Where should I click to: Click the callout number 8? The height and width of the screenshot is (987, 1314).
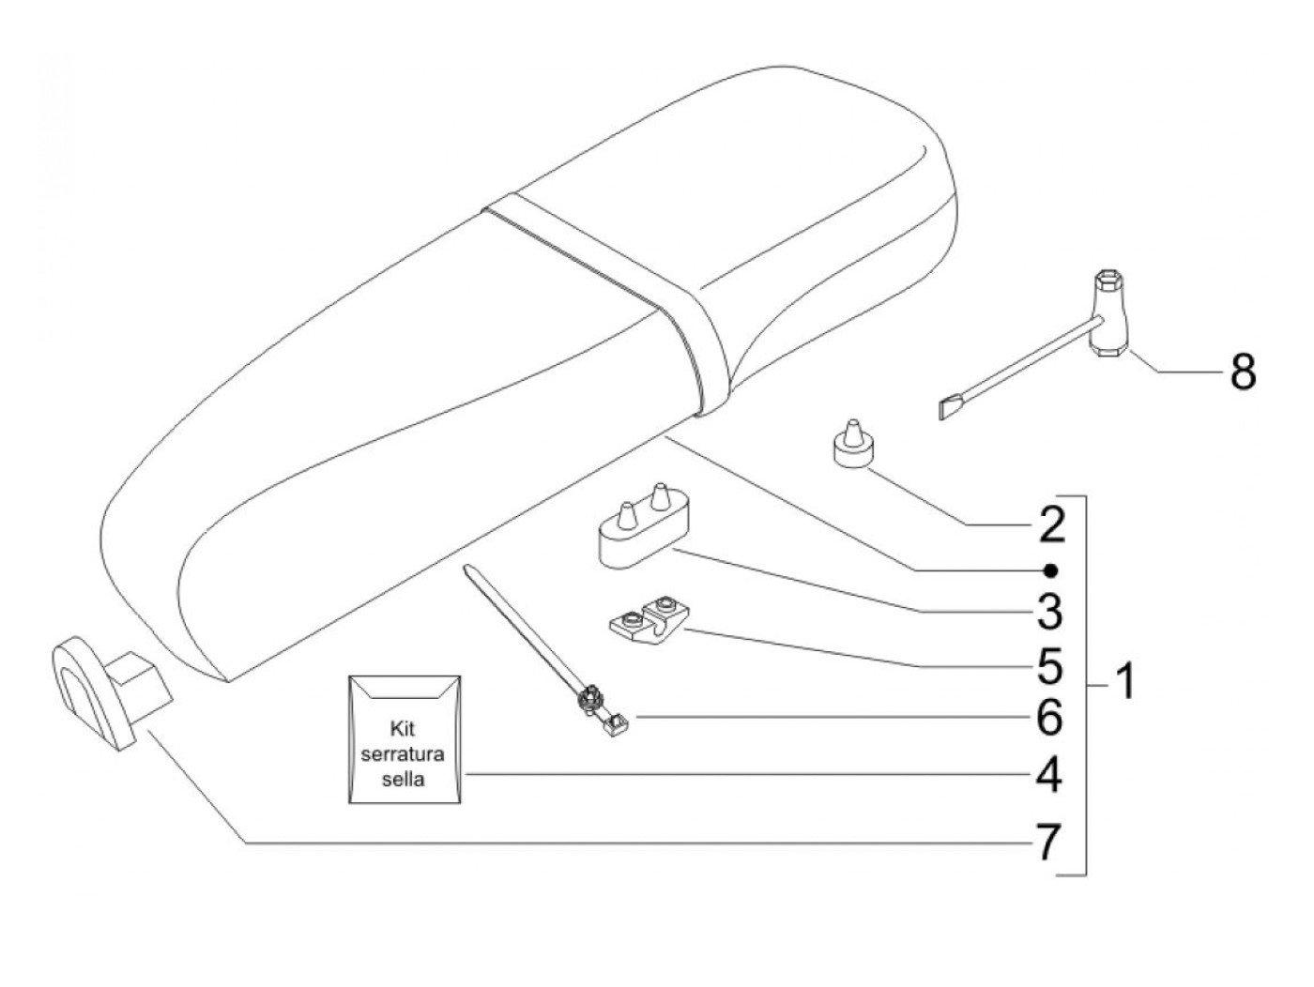pos(1242,373)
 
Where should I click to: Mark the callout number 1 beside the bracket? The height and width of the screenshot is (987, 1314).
pos(1123,682)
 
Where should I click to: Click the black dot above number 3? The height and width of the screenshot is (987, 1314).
pos(1052,570)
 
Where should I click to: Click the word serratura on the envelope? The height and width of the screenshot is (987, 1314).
pos(405,754)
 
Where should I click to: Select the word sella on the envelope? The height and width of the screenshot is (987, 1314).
pos(405,780)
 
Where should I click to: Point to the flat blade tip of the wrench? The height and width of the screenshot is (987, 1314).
pos(950,406)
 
